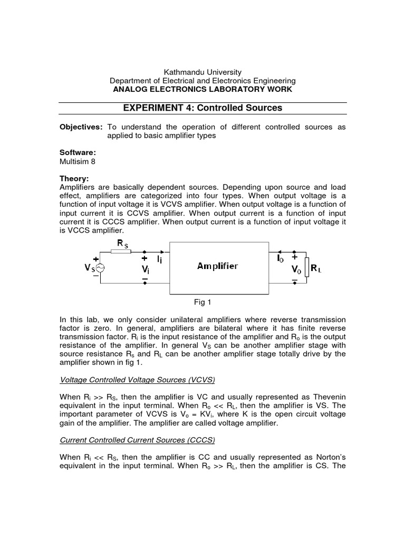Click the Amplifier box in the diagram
[x=217, y=267]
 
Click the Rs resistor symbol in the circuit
[x=122, y=252]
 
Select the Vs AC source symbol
[x=100, y=268]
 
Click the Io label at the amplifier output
[x=281, y=258]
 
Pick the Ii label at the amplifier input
[x=159, y=259]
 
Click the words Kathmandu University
[x=202, y=72]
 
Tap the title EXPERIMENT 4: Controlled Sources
[x=202, y=108]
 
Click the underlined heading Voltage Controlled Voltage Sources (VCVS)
[x=138, y=380]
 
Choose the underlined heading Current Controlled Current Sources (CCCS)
[x=138, y=439]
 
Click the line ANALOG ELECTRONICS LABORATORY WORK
[x=202, y=89]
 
